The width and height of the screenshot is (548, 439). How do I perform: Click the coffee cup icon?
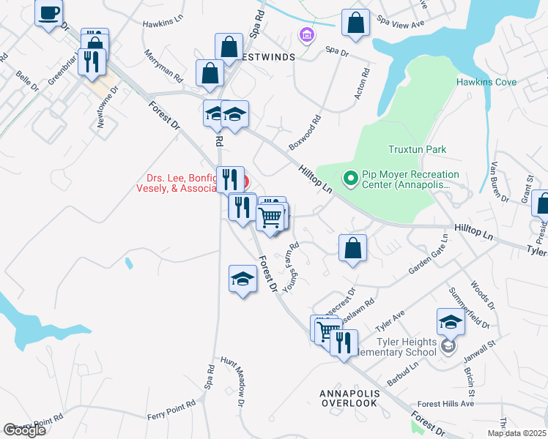point(49,13)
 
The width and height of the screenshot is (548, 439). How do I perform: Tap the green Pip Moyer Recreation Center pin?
point(350,178)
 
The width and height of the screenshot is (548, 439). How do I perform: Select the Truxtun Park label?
point(417,149)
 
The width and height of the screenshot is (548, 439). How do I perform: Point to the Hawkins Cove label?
point(486,83)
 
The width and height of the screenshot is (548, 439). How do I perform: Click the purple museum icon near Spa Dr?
point(306,34)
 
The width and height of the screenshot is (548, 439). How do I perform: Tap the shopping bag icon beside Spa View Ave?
point(356,23)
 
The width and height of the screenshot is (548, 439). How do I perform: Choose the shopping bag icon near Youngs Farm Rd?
point(353,247)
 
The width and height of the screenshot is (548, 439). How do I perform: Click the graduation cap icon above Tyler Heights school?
point(451,321)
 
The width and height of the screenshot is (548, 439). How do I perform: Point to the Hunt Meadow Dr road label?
point(237,381)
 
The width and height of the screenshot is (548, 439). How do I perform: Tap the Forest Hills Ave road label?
point(446,403)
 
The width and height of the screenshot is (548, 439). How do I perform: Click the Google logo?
point(25,430)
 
